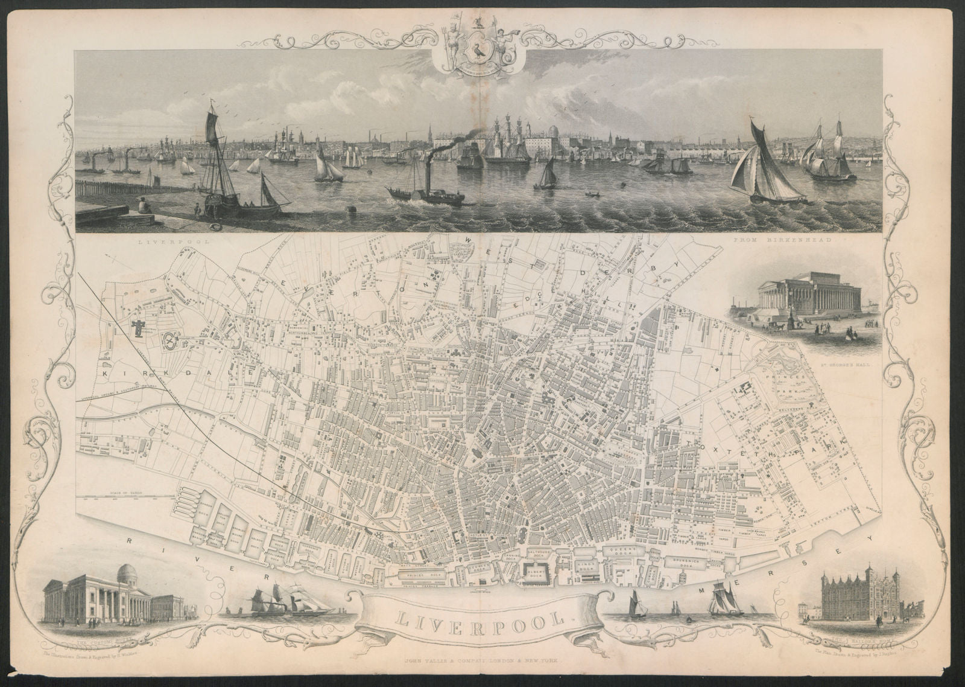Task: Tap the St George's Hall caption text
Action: [x=844, y=365]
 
